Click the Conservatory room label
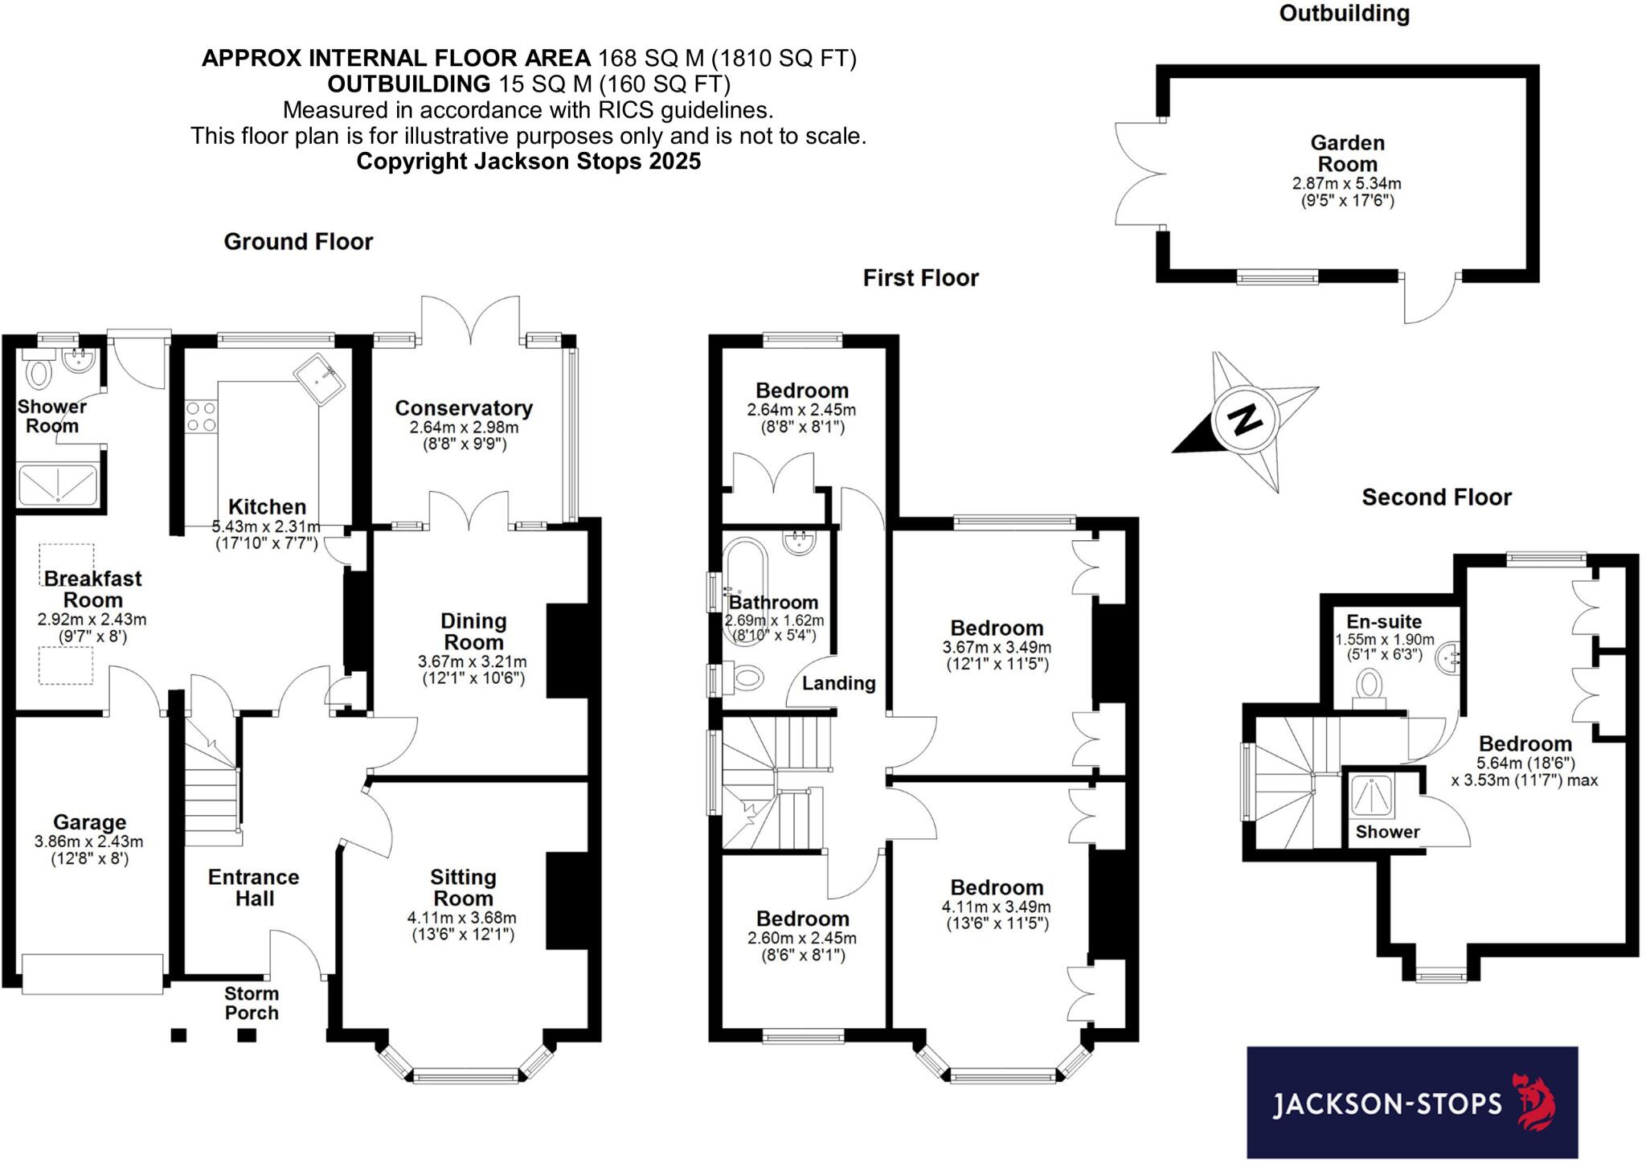coord(464,408)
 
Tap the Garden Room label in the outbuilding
coord(1347,154)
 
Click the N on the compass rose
coord(1245,418)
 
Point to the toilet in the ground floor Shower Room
coord(39,373)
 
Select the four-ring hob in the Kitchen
coord(200,416)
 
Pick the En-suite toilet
coord(1370,688)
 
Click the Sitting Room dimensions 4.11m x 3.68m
coord(462,917)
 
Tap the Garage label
coord(89,822)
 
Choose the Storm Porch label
coord(252,1003)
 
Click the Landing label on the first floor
coord(838,683)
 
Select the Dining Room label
coord(473,632)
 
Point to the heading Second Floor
coord(1436,498)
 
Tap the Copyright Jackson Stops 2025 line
coord(528,162)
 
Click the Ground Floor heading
coord(298,242)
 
